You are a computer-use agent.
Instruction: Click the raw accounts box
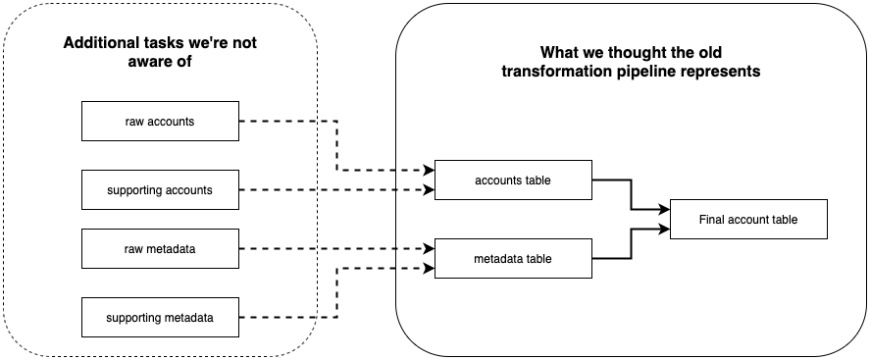[160, 122]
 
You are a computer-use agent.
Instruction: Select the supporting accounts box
[160, 189]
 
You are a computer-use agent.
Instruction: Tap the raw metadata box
[160, 249]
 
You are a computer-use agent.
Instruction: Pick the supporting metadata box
[160, 317]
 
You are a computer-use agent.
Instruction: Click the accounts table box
[513, 180]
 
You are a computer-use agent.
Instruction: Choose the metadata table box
[513, 259]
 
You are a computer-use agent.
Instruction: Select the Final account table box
[748, 220]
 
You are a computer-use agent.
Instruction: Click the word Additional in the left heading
[99, 43]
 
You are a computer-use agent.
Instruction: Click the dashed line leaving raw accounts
[278, 122]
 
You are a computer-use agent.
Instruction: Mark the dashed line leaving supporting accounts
[278, 189]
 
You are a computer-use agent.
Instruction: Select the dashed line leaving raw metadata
[278, 249]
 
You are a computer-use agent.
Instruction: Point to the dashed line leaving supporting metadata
[278, 317]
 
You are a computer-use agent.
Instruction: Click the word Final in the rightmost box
[713, 220]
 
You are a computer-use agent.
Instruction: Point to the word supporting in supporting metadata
[134, 317]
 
